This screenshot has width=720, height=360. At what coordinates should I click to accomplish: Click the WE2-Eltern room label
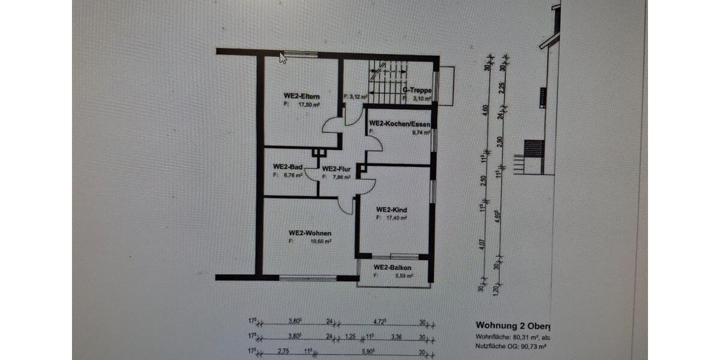[x=301, y=96]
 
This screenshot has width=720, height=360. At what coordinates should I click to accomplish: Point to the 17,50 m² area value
[x=308, y=104]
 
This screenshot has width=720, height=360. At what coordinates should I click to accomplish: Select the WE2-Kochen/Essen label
[x=400, y=124]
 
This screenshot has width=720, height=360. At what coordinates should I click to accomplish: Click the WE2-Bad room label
[x=287, y=167]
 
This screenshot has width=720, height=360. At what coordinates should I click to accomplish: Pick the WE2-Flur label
[x=336, y=169]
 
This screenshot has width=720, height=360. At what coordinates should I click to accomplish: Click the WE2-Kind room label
[x=392, y=209]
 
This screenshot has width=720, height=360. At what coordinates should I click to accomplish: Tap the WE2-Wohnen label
[x=310, y=233]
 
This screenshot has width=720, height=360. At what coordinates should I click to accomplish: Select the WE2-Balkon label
[x=392, y=267]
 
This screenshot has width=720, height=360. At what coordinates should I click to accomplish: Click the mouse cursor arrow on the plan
[x=283, y=58]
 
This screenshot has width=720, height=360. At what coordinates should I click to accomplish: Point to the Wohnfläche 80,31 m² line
[x=513, y=337]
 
